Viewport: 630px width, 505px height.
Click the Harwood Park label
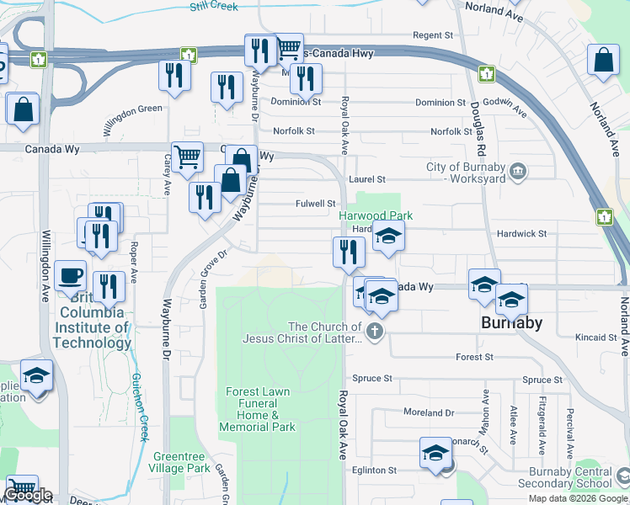tap(376, 216)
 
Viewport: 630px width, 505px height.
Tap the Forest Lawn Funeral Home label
tap(258, 409)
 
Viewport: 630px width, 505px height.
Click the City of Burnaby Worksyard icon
tap(519, 171)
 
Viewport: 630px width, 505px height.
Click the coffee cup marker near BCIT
tap(70, 274)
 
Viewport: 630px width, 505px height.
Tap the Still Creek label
tap(213, 6)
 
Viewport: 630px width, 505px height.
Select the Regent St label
tap(433, 35)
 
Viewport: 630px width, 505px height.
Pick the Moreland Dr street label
tap(429, 413)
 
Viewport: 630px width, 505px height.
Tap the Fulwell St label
tap(316, 204)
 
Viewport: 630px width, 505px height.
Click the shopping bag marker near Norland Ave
tap(604, 61)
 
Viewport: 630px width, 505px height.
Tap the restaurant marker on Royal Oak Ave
tap(348, 252)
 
